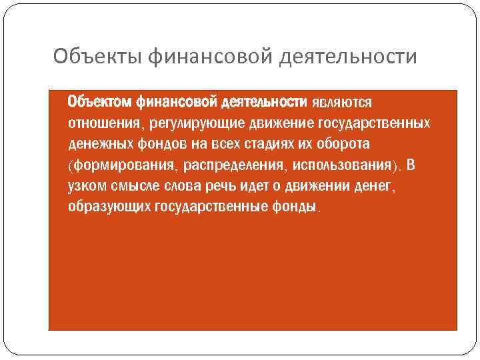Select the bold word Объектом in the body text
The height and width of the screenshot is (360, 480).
click(99, 103)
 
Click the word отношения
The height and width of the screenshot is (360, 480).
click(101, 123)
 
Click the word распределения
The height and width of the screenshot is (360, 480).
click(223, 165)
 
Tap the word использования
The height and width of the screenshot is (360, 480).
click(342, 165)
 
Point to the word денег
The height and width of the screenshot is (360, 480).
click(374, 185)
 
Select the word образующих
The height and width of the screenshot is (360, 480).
click(109, 206)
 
